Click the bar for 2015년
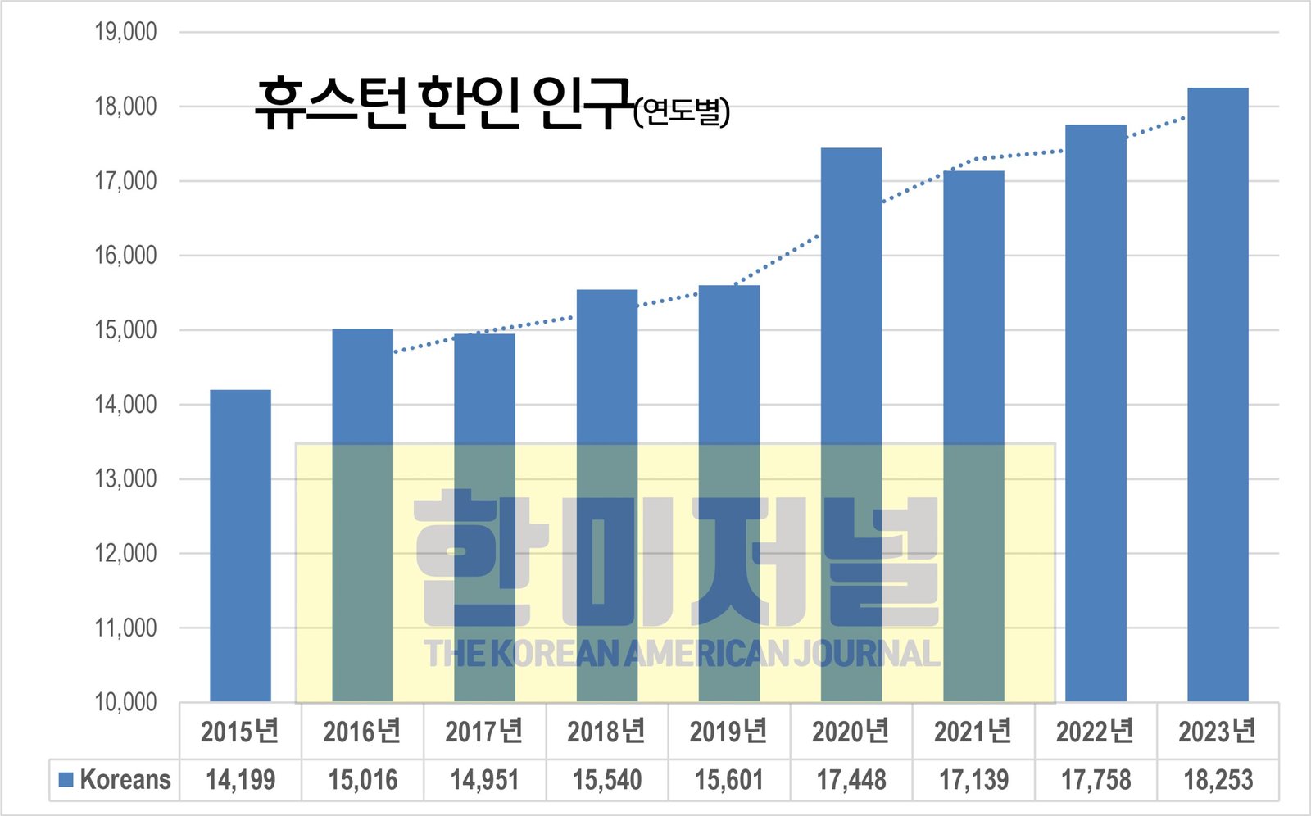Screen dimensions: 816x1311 240,545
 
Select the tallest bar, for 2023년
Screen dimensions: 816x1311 1218,393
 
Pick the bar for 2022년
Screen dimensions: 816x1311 1096,410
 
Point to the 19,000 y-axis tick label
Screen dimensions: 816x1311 125,32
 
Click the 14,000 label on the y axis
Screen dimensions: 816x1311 125,405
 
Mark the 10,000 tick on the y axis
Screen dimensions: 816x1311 125,702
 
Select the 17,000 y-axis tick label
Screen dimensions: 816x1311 125,181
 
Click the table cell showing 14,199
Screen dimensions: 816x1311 240,780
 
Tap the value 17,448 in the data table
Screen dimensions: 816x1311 851,780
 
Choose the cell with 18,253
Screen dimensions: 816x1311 1218,780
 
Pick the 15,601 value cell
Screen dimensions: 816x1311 729,780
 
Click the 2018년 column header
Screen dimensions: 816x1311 606,731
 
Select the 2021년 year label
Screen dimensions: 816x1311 973,731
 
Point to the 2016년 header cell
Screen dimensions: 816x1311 362,731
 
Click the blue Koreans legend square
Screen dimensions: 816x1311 66,779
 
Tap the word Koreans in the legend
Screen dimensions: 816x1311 125,780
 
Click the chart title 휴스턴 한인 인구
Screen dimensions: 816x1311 442,104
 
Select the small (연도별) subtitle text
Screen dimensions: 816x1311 682,111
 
